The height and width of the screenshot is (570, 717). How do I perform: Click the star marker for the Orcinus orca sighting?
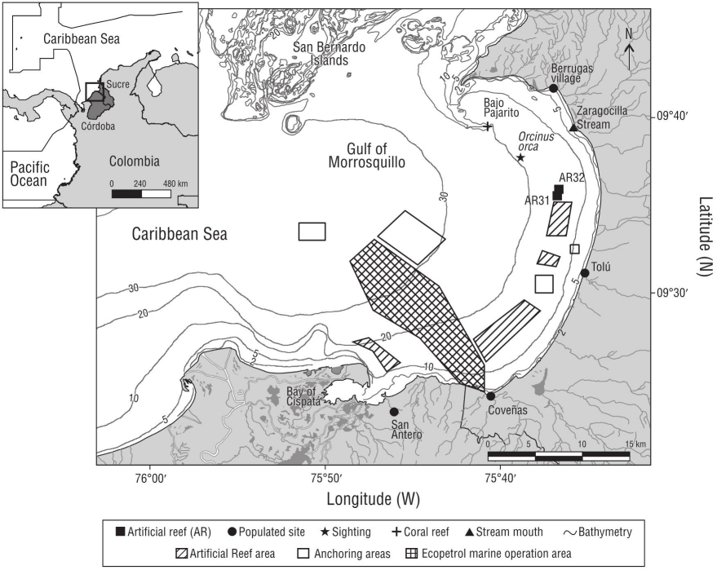coord(520,157)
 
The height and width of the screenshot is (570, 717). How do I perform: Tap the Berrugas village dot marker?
coord(553,88)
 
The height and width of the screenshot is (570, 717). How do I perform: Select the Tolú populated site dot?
coord(585,273)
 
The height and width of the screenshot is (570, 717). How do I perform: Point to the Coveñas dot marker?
coord(491,396)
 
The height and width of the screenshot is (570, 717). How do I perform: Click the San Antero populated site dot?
coord(394,412)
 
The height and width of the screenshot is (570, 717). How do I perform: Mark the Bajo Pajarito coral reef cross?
coord(488,126)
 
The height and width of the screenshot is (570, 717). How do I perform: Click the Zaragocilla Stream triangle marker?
coord(573,127)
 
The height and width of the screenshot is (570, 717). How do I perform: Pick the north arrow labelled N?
coord(629,41)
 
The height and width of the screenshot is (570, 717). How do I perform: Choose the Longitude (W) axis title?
coord(374,497)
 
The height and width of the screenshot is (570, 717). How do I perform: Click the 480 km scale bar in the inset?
coord(142,193)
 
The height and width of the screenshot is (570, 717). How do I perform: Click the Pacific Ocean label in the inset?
coord(31,174)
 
